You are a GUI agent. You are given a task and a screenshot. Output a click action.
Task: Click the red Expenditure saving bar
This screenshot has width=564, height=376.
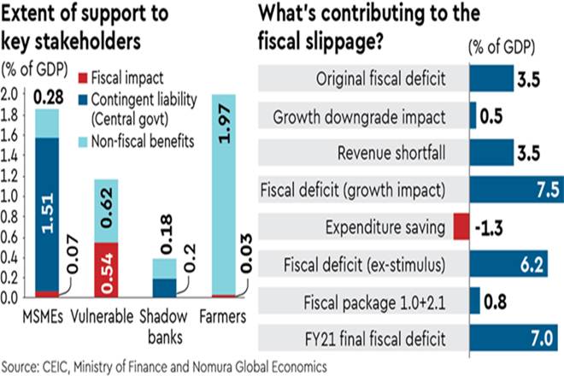[461, 228]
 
